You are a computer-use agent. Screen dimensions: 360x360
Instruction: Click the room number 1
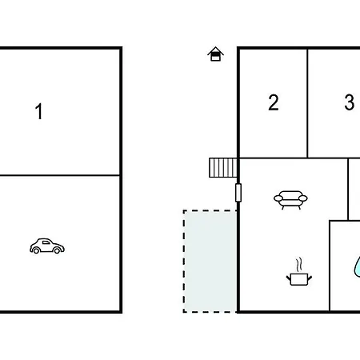[39, 111]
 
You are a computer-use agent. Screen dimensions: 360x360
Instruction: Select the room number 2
[274, 102]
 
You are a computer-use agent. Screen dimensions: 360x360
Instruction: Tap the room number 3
[350, 102]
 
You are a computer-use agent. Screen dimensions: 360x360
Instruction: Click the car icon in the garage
[47, 246]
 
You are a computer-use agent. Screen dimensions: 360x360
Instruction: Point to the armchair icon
[290, 200]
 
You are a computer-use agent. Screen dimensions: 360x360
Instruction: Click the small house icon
[215, 54]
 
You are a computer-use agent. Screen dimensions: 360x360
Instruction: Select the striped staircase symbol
[223, 168]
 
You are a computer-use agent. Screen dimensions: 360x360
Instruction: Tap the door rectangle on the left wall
[238, 193]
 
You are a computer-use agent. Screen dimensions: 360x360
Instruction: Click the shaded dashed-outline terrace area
[210, 261]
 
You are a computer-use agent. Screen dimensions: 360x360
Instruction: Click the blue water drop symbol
[357, 266]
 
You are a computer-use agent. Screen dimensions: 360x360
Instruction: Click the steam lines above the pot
[299, 264]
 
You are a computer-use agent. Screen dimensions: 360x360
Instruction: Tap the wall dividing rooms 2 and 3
[307, 103]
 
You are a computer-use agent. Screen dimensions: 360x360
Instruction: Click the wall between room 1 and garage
[59, 175]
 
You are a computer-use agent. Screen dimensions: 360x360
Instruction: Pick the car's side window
[46, 242]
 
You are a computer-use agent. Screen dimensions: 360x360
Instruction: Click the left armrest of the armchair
[278, 198]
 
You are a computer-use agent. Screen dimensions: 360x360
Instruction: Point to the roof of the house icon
[215, 50]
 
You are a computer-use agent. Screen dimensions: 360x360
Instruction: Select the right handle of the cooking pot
[310, 278]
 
